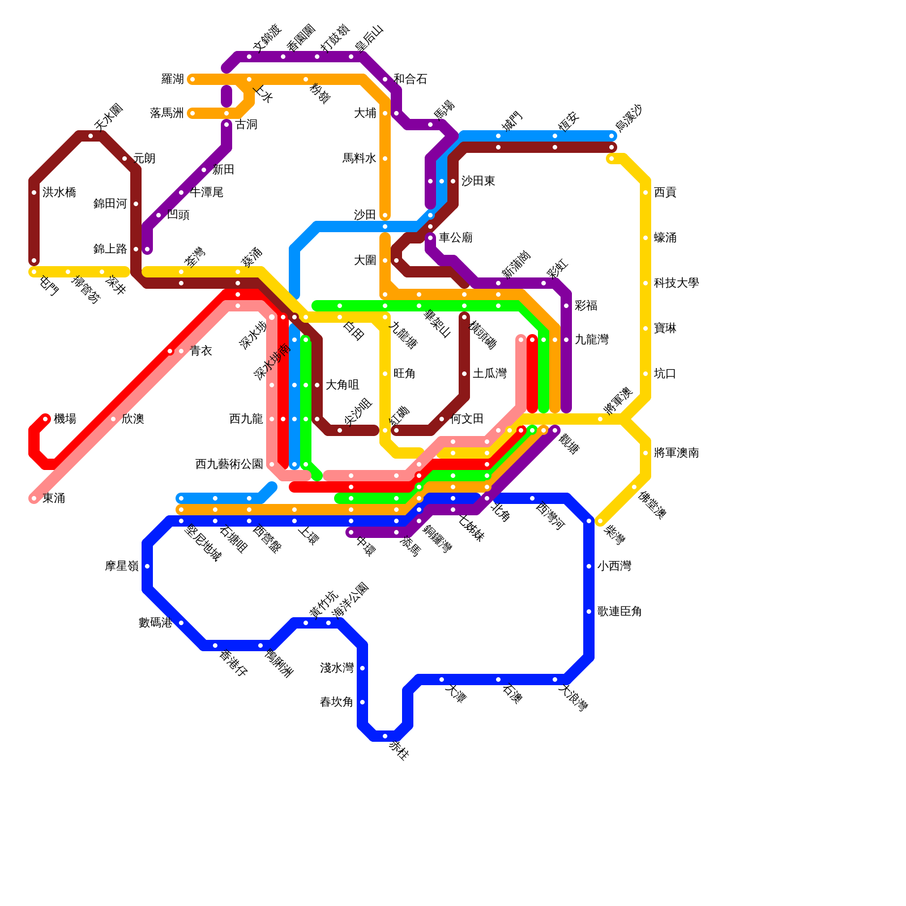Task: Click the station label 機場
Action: [x=65, y=419]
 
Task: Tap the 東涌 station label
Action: [x=54, y=498]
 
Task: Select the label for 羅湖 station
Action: [x=172, y=79]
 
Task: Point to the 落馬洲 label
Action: [x=166, y=113]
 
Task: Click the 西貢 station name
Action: [x=665, y=193]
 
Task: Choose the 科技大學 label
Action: [x=676, y=283]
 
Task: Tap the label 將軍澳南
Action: [x=676, y=453]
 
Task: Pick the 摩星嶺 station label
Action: [x=122, y=566]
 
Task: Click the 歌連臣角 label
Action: [x=619, y=612]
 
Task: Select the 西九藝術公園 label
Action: [x=229, y=464]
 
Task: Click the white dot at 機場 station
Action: [x=45, y=419]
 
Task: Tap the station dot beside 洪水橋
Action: [x=34, y=193]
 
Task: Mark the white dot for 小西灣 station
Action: [x=589, y=566]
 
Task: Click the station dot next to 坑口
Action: [x=646, y=374]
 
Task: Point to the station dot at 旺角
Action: [x=385, y=374]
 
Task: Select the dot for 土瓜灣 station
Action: [x=464, y=374]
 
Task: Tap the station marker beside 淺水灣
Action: [x=362, y=668]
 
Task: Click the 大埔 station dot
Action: [x=385, y=113]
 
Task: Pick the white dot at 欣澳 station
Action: [x=113, y=419]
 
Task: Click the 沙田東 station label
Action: [x=478, y=181]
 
